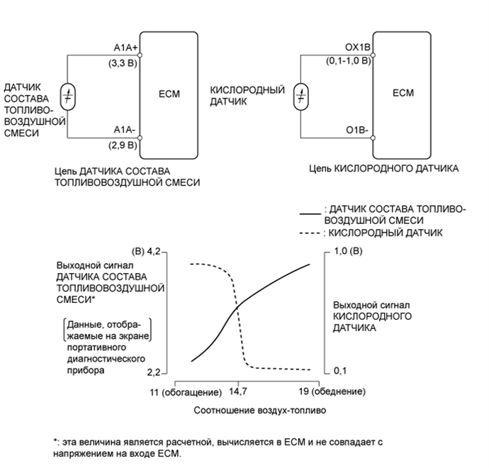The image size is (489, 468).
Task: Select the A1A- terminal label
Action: click(x=126, y=130)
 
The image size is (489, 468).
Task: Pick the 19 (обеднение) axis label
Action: click(x=331, y=391)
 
